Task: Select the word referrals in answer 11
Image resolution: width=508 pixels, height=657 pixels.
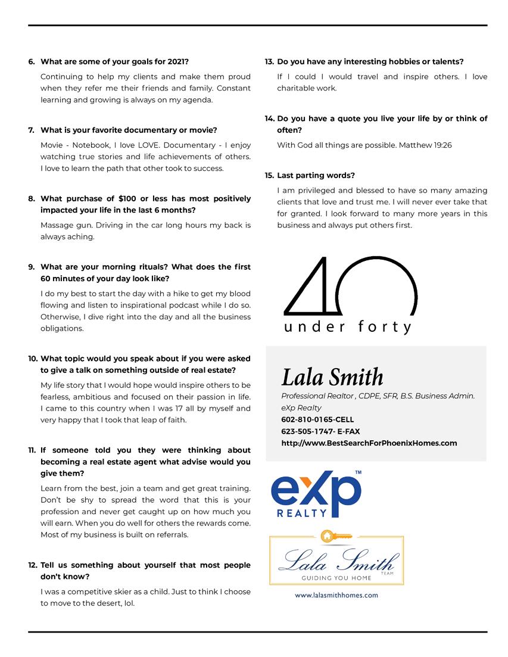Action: tap(169, 534)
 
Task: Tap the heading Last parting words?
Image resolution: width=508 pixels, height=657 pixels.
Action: tap(316, 175)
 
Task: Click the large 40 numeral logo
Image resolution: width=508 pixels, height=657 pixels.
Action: tap(348, 286)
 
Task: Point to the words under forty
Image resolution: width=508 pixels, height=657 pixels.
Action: tap(348, 327)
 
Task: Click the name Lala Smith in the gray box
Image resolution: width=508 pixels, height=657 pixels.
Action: tap(332, 377)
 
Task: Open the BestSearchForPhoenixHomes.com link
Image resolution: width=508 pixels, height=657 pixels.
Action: tap(369, 443)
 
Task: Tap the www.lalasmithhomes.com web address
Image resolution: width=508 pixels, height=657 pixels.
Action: tap(336, 594)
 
